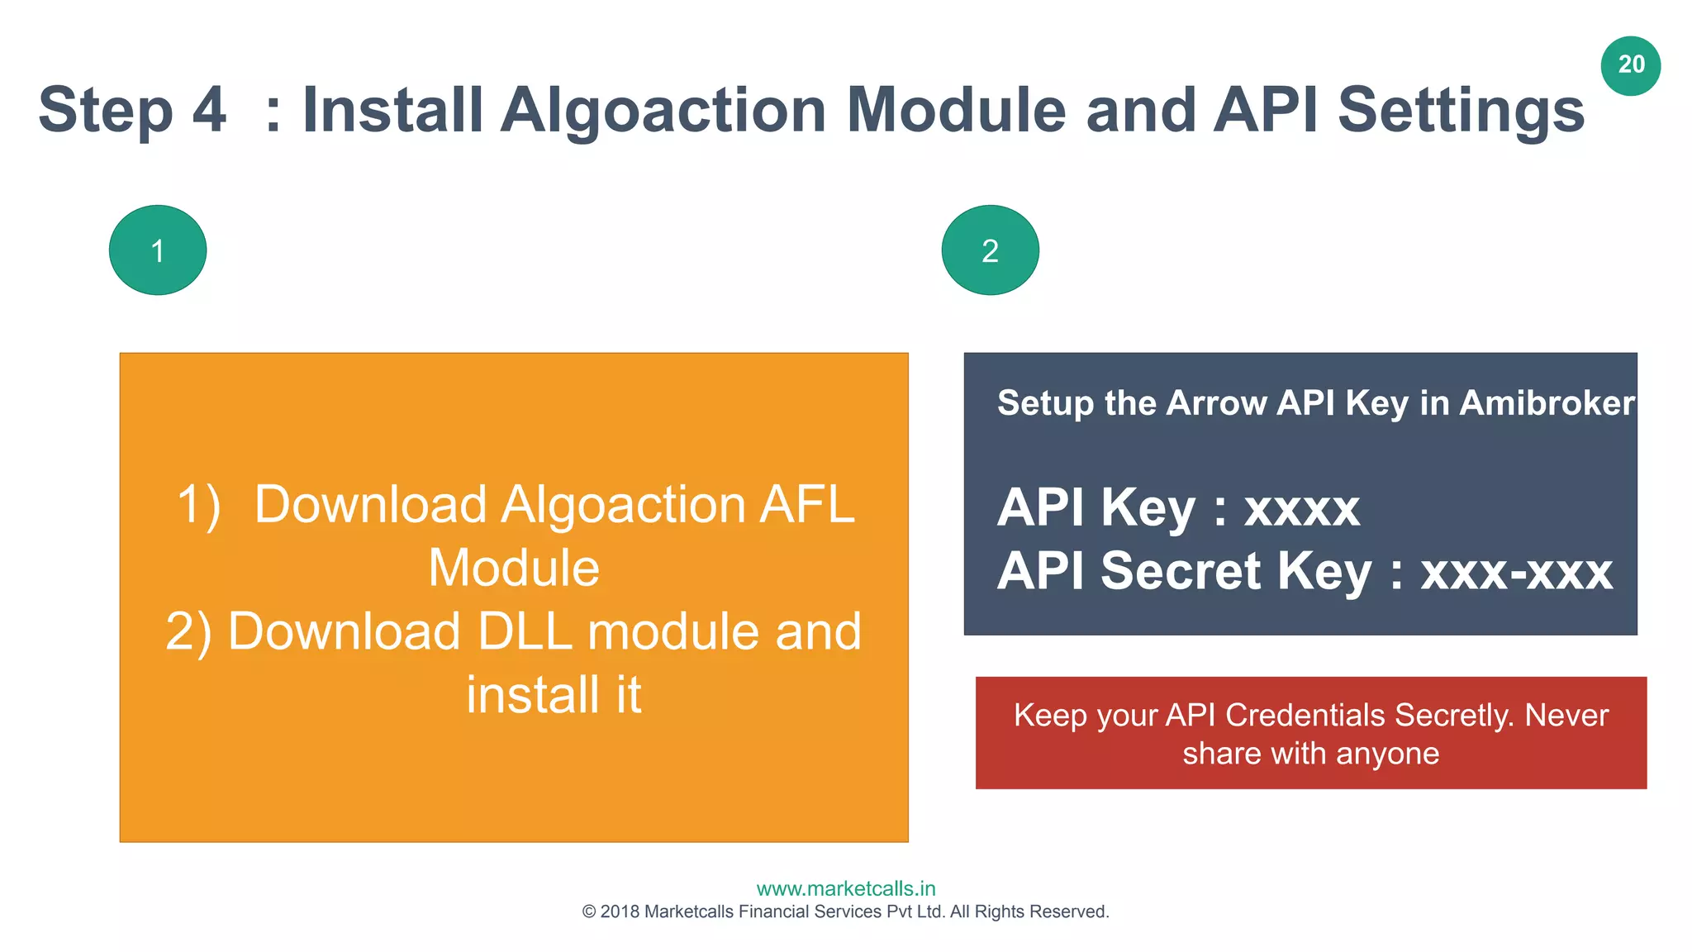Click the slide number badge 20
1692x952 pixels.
click(1630, 65)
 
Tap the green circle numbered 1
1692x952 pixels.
click(158, 250)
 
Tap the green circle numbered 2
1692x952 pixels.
click(990, 250)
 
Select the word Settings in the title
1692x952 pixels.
click(1461, 110)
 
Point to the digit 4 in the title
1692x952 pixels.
click(209, 110)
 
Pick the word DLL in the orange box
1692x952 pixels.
click(525, 632)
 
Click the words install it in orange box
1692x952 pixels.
click(554, 695)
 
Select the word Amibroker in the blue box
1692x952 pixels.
click(1547, 403)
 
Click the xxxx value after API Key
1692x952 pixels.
click(1301, 508)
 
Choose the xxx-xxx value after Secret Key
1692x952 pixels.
click(1516, 572)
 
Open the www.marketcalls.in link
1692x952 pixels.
click(846, 889)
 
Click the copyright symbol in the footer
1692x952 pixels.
click(589, 912)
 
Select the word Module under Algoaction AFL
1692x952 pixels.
click(514, 569)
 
